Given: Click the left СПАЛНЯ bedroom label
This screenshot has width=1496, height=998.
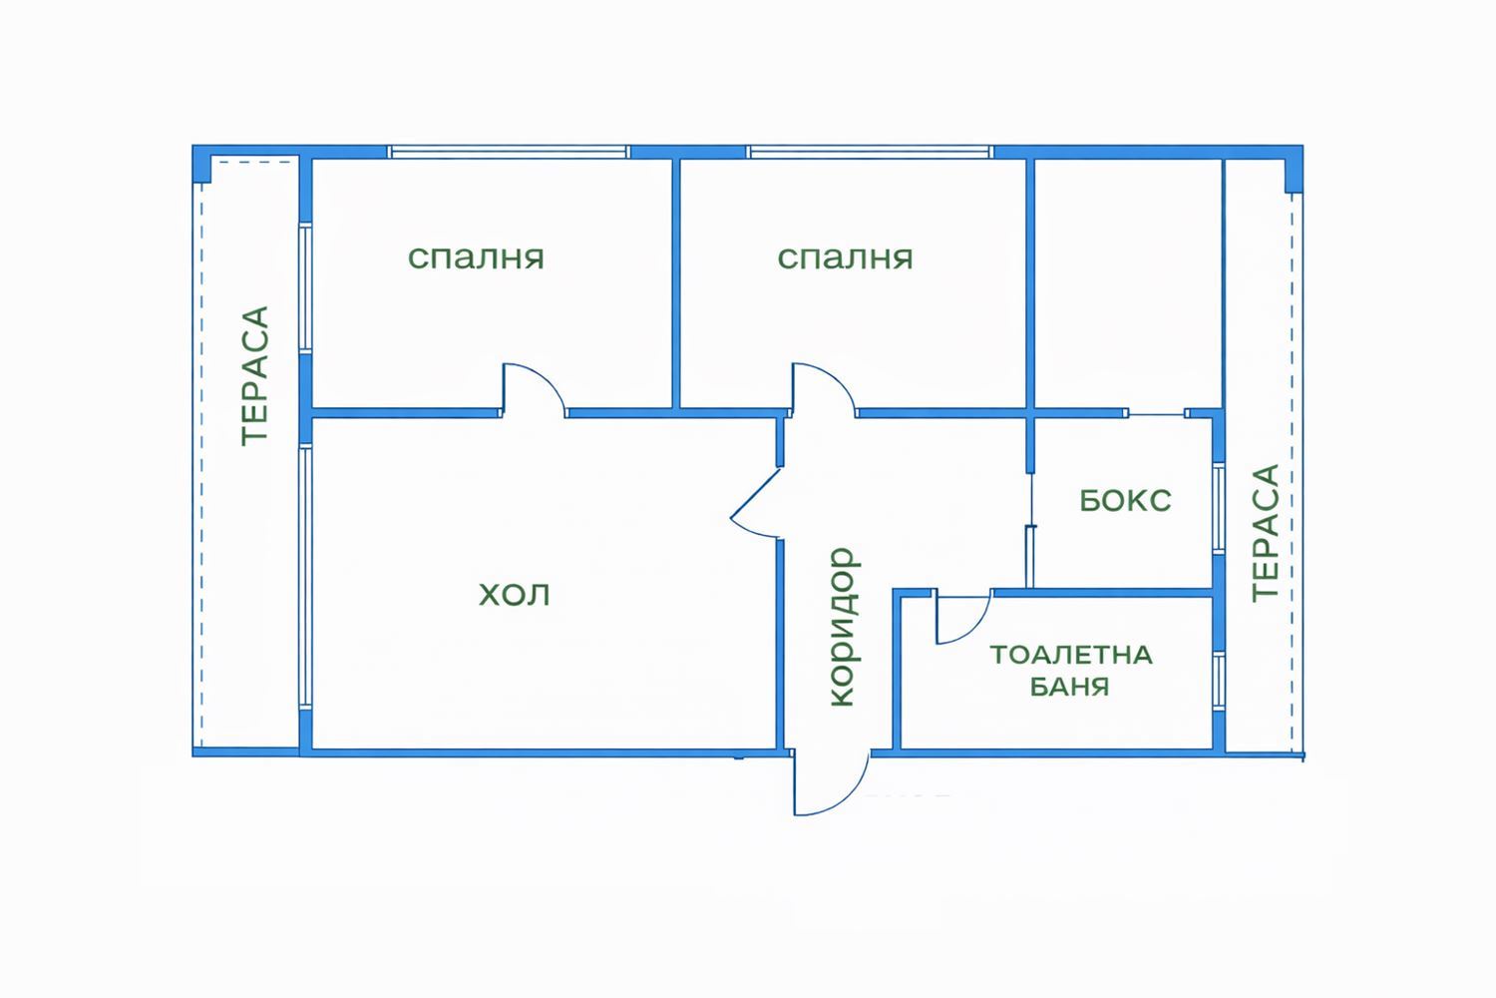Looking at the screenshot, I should [x=476, y=257].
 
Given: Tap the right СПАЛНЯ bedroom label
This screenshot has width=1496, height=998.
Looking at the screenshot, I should [x=845, y=257].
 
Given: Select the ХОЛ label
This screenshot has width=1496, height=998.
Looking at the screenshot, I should [x=515, y=596].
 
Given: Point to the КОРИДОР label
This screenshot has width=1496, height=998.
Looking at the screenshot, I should [x=843, y=627].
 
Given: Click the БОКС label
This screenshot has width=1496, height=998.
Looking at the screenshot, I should [x=1125, y=500].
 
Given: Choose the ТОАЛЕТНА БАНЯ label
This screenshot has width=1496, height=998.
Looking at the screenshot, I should [x=1070, y=671].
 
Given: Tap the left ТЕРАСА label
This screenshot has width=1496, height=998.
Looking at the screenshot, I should [x=255, y=375].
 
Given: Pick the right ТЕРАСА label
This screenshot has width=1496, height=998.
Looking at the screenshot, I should [x=1265, y=531].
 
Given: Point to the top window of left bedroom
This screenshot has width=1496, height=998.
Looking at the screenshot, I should [x=509, y=153].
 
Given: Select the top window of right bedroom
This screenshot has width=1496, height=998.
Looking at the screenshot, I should [x=870, y=153].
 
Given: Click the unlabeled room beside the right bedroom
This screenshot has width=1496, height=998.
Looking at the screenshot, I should [x=1128, y=284].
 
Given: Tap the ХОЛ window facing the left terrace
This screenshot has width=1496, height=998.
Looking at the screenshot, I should [x=305, y=576].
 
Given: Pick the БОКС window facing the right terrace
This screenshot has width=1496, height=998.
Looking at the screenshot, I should [x=1218, y=506].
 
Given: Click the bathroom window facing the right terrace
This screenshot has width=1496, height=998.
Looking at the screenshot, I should [x=1219, y=681].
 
